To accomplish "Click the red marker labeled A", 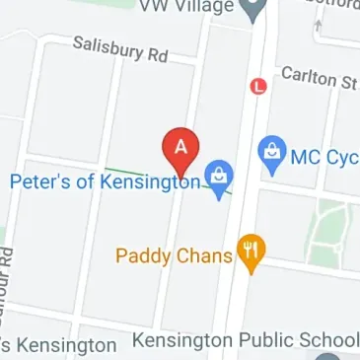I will pos(180,148).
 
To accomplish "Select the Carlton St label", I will pos(318,78).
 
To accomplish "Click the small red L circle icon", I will pos(259,87).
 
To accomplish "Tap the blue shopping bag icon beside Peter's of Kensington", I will pos(220,179).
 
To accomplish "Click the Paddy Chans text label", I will pos(174,256).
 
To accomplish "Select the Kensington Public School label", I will pos(245,341).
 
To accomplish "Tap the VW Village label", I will pos(187,7).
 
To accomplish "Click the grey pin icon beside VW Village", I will pos(254,10).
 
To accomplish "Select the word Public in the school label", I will pos(253,341).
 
